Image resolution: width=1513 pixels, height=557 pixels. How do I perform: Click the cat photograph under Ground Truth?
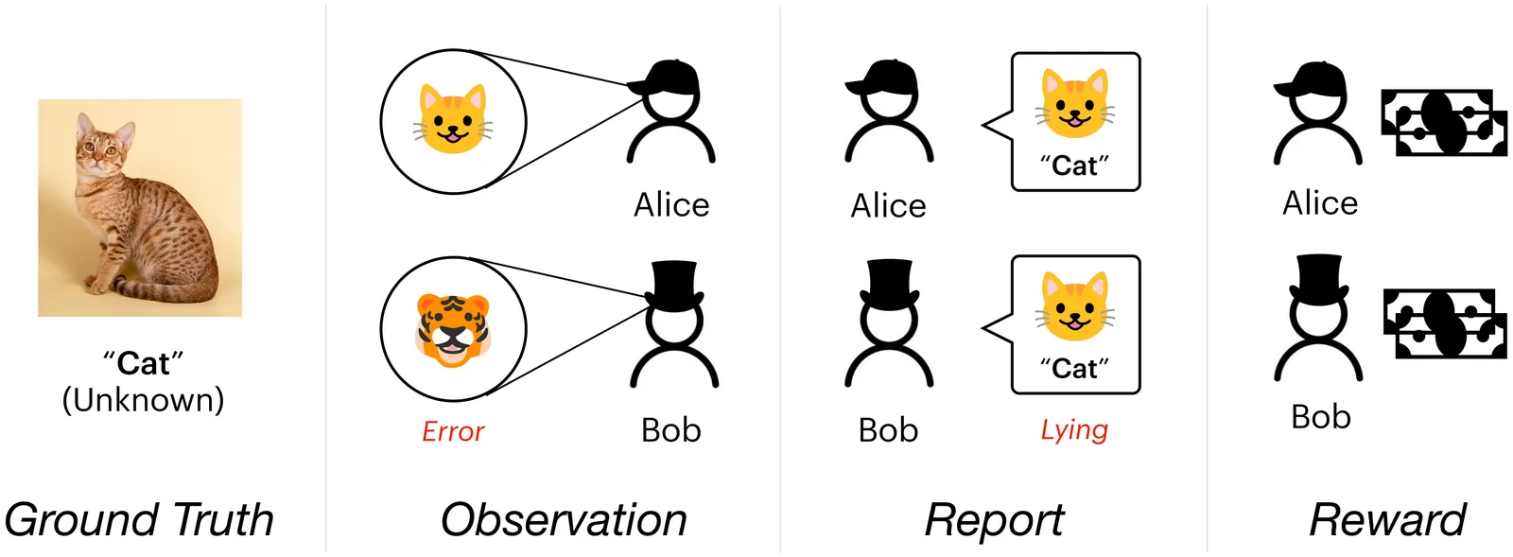point(140,207)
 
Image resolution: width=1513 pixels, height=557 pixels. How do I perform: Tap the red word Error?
point(452,432)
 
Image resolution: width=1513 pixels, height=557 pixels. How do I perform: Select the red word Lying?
point(1073,430)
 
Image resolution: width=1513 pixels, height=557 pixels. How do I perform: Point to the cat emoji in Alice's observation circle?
point(453,120)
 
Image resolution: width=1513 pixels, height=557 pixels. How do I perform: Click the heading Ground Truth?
point(139,520)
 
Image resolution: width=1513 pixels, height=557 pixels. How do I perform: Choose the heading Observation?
point(564,520)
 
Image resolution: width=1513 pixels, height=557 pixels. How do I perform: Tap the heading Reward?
point(1387,520)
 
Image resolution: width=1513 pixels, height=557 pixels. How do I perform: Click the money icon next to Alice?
point(1443,123)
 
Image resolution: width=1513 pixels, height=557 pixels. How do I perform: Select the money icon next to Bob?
point(1445,324)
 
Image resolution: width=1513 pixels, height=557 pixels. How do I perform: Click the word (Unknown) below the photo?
point(143,400)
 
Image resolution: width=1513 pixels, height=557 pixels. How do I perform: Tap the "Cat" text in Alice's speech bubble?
point(1074,166)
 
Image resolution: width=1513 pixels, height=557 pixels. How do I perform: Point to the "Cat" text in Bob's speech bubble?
point(1074,368)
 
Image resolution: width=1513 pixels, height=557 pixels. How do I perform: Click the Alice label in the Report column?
point(888,205)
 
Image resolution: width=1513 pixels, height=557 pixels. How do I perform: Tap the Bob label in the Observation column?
point(670,430)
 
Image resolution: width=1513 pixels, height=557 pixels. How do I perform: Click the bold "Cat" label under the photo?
point(143,364)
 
